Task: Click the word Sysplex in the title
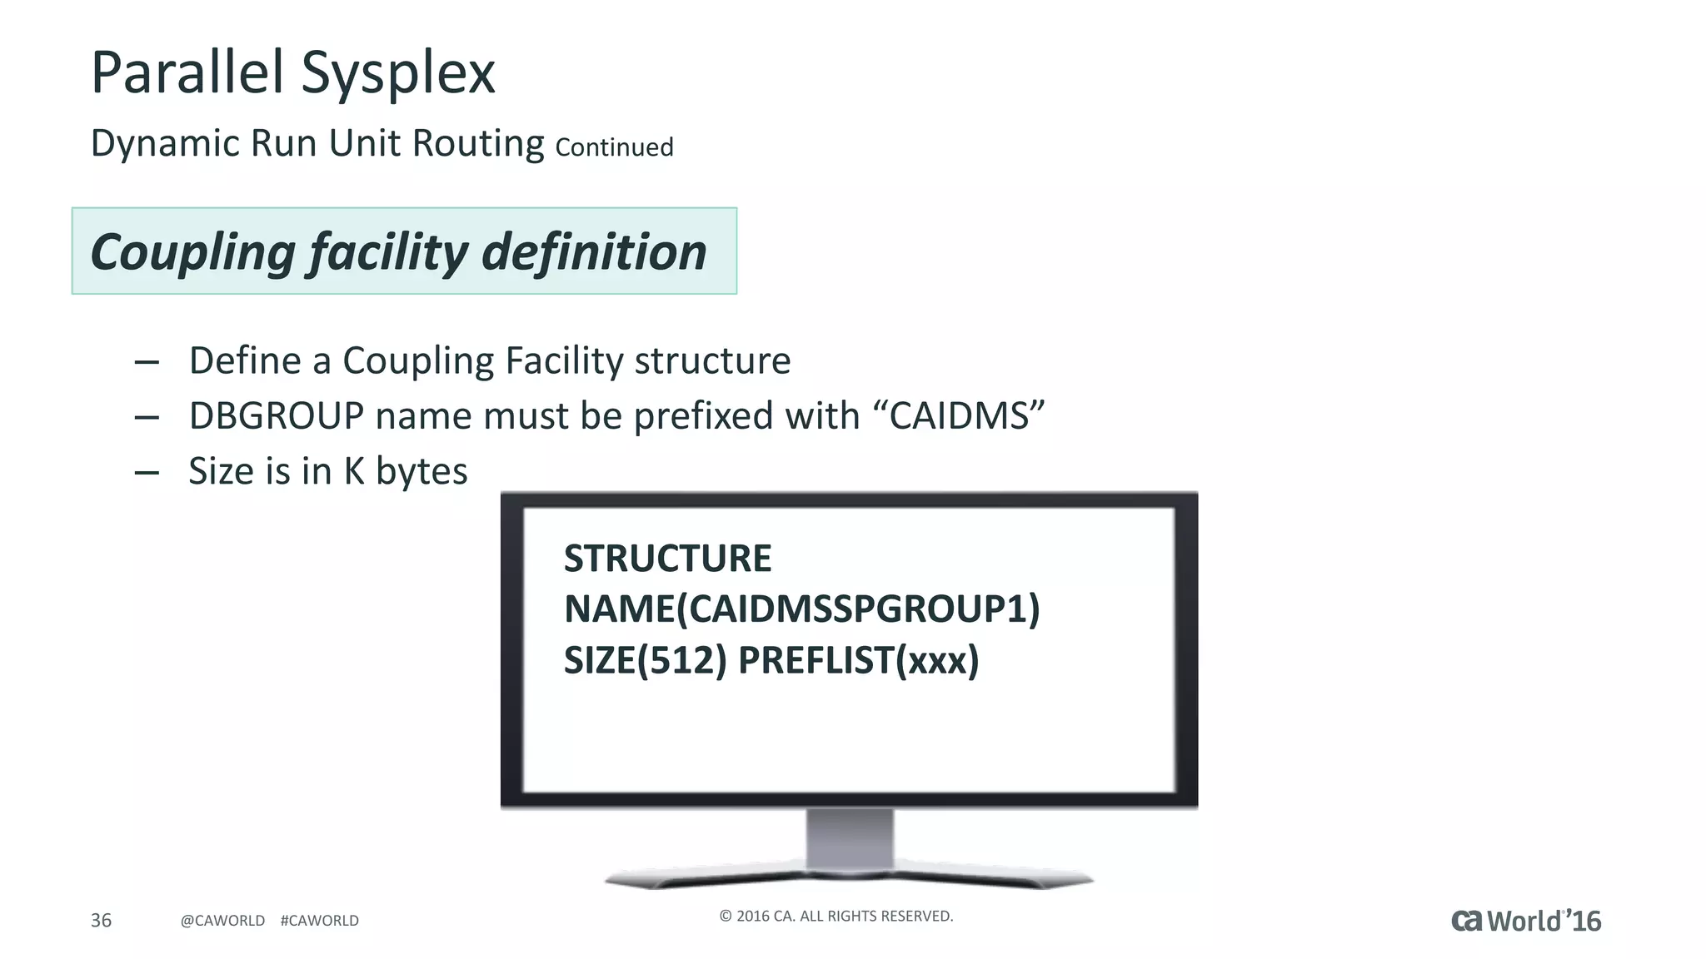pyautogui.click(x=397, y=73)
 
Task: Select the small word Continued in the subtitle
pyautogui.click(x=614, y=147)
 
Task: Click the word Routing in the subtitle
pyautogui.click(x=478, y=143)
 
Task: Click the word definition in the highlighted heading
pyautogui.click(x=594, y=252)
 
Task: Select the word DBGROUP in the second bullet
pyautogui.click(x=277, y=416)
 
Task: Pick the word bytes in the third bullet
pyautogui.click(x=422, y=471)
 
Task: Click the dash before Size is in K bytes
pyautogui.click(x=147, y=473)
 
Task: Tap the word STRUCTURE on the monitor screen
pyautogui.click(x=667, y=559)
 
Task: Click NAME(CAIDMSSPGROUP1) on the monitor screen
pyautogui.click(x=801, y=609)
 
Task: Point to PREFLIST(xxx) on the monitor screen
pyautogui.click(x=858, y=661)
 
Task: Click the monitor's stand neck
pyautogui.click(x=850, y=839)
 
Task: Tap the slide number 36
pyautogui.click(x=101, y=920)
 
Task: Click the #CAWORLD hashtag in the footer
pyautogui.click(x=320, y=921)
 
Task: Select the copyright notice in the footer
pyautogui.click(x=836, y=917)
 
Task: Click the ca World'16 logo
pyautogui.click(x=1526, y=921)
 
